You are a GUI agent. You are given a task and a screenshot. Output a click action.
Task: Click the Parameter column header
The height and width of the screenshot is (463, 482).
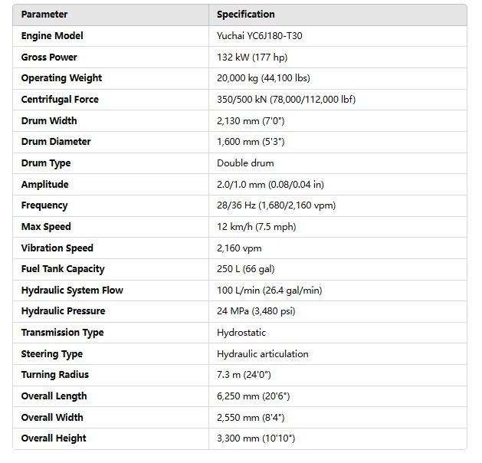[x=44, y=15]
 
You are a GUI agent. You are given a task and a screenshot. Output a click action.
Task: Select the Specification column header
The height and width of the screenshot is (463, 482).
[x=245, y=15]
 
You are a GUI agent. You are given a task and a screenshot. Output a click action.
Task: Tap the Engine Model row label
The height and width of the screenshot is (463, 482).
[x=52, y=36]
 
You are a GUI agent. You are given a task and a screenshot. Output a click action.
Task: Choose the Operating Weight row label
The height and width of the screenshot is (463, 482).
[x=61, y=78]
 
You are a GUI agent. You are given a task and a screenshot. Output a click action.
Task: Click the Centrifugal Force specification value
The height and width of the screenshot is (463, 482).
[x=286, y=100]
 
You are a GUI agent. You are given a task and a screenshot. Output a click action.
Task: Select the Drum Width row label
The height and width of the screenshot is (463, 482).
[x=49, y=121]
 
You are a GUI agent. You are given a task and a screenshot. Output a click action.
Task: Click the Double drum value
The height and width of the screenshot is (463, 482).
[x=245, y=163]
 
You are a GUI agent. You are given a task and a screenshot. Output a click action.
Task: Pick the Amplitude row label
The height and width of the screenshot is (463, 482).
[x=44, y=185]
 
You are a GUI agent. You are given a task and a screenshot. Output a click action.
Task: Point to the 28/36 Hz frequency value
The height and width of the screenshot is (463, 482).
[x=276, y=205]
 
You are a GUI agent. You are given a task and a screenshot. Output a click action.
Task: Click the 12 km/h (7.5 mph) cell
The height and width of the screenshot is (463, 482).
[x=256, y=227]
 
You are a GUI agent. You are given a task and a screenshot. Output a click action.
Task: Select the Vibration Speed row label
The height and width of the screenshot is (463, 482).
[x=57, y=248]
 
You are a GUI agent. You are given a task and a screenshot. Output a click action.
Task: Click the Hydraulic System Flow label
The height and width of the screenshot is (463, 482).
[x=72, y=291]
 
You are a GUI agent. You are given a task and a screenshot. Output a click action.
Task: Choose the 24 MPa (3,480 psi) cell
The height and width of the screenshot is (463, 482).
[x=256, y=311]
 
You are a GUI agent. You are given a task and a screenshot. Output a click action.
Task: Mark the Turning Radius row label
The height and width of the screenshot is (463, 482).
[x=55, y=375]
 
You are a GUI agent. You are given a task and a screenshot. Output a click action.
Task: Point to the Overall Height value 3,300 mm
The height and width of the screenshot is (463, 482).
[x=256, y=438]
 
